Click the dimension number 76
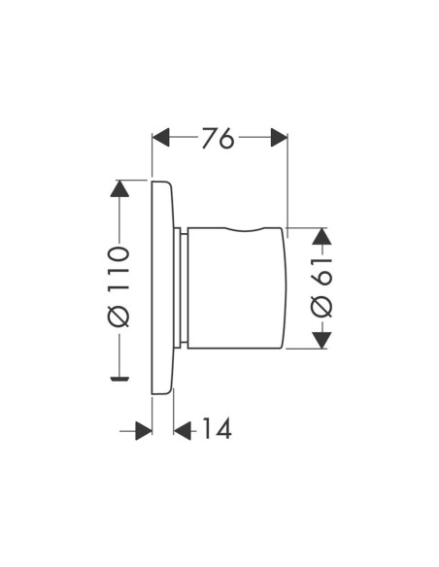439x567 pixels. coord(219,138)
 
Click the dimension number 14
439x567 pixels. coord(217,428)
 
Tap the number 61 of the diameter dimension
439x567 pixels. coord(321,272)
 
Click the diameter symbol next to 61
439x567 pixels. coord(321,307)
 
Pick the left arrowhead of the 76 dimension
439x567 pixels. coord(161,138)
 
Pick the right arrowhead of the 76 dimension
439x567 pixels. coord(279,138)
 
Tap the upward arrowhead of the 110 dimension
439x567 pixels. coord(119,188)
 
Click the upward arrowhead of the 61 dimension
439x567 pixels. coord(321,237)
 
